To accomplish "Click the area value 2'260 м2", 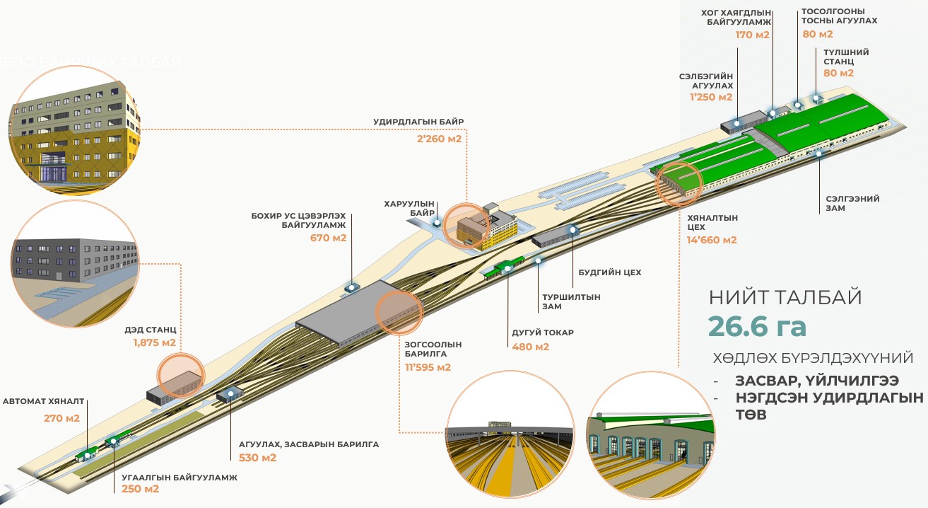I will click(440, 139).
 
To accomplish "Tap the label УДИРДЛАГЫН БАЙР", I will click(418, 122).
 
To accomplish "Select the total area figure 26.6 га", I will click(757, 327).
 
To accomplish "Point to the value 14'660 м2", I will click(712, 240).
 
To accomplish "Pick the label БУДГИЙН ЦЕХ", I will click(610, 272).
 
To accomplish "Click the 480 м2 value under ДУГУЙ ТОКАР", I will click(530, 347).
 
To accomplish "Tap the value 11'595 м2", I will click(428, 367).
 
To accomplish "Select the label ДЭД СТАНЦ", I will click(150, 330).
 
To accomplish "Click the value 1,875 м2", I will click(154, 343).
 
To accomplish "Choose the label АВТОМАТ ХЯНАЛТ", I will click(43, 401).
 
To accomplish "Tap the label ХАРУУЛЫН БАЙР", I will click(409, 209).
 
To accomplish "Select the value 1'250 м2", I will click(711, 98).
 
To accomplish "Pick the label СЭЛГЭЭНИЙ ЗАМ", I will click(852, 204).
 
